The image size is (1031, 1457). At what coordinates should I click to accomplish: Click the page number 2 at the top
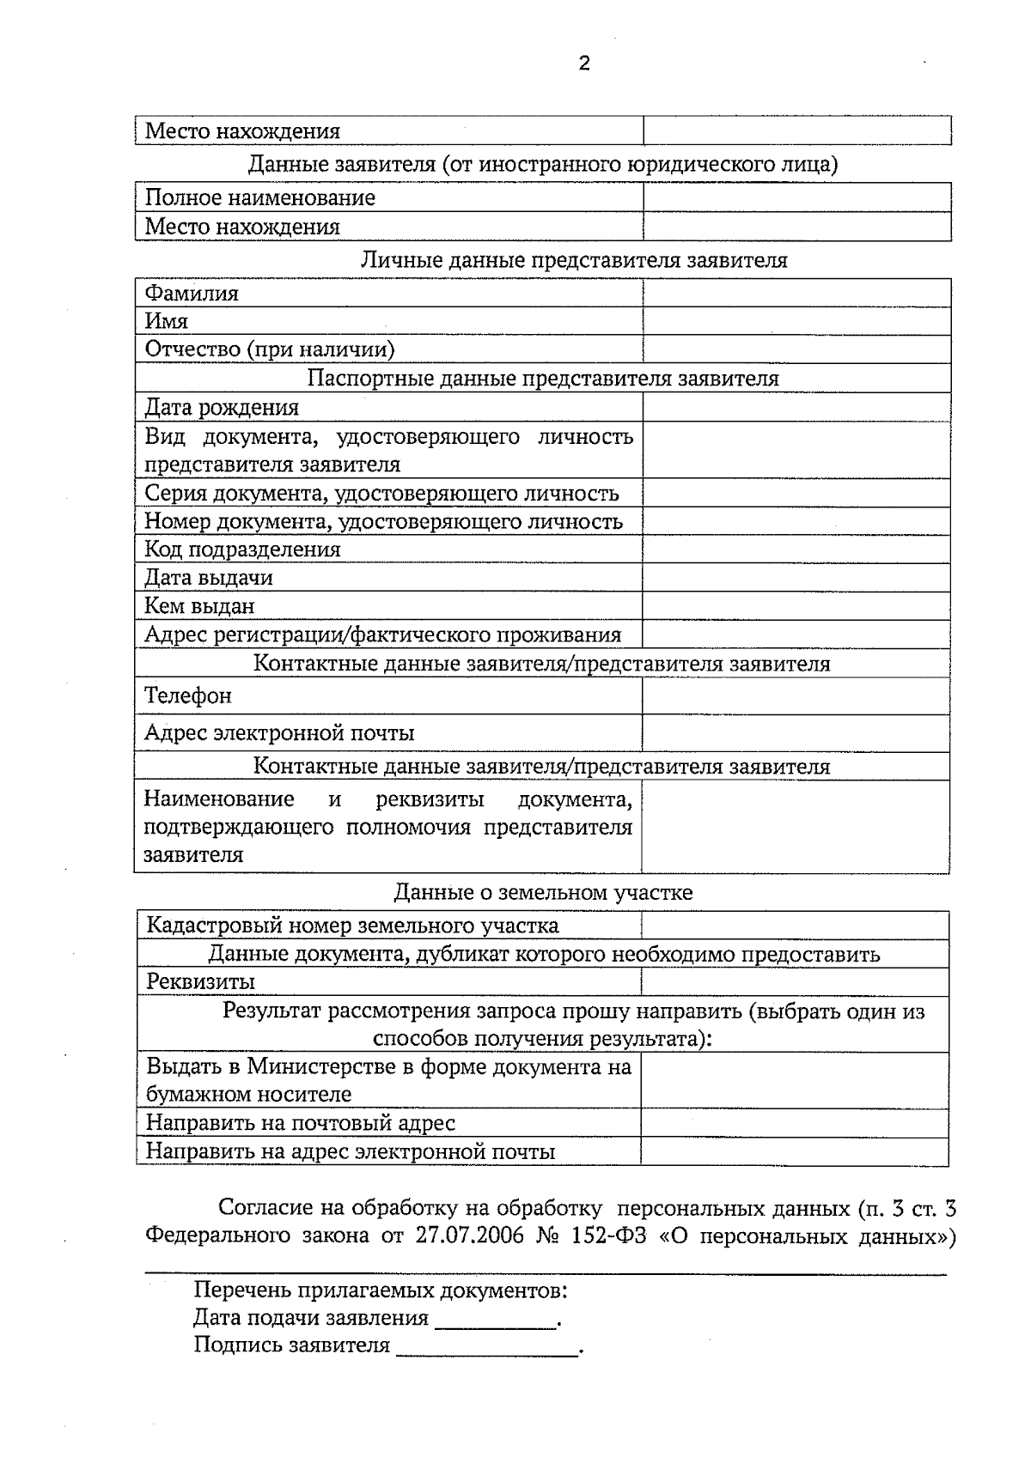pos(584,64)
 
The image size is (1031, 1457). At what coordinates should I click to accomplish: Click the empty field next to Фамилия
pos(796,294)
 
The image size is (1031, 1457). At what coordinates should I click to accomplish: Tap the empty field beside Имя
pos(796,321)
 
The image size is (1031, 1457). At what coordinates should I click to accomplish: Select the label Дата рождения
pos(222,407)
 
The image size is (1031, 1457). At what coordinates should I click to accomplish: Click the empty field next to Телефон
pos(796,695)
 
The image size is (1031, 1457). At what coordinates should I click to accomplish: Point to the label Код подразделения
pos(242,549)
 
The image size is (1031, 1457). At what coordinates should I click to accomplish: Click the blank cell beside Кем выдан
pos(796,606)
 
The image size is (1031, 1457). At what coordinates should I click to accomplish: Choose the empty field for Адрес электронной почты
pos(796,733)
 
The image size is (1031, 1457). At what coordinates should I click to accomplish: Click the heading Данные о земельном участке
pos(543,892)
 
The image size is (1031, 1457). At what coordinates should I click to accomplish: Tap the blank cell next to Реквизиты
pos(795,981)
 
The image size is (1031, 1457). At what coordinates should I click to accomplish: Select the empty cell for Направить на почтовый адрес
pos(795,1122)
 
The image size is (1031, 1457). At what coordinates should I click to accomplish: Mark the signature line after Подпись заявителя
pos(487,1347)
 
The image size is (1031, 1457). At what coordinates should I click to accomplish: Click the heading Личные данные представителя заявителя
pos(573,260)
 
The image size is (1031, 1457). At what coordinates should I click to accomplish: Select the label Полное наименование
pos(259,197)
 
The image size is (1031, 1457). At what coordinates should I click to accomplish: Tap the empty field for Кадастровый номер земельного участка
pos(795,926)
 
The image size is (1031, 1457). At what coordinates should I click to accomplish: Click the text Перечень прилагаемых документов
pos(380,1290)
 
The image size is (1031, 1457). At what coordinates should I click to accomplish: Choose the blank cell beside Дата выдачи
pos(796,578)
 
